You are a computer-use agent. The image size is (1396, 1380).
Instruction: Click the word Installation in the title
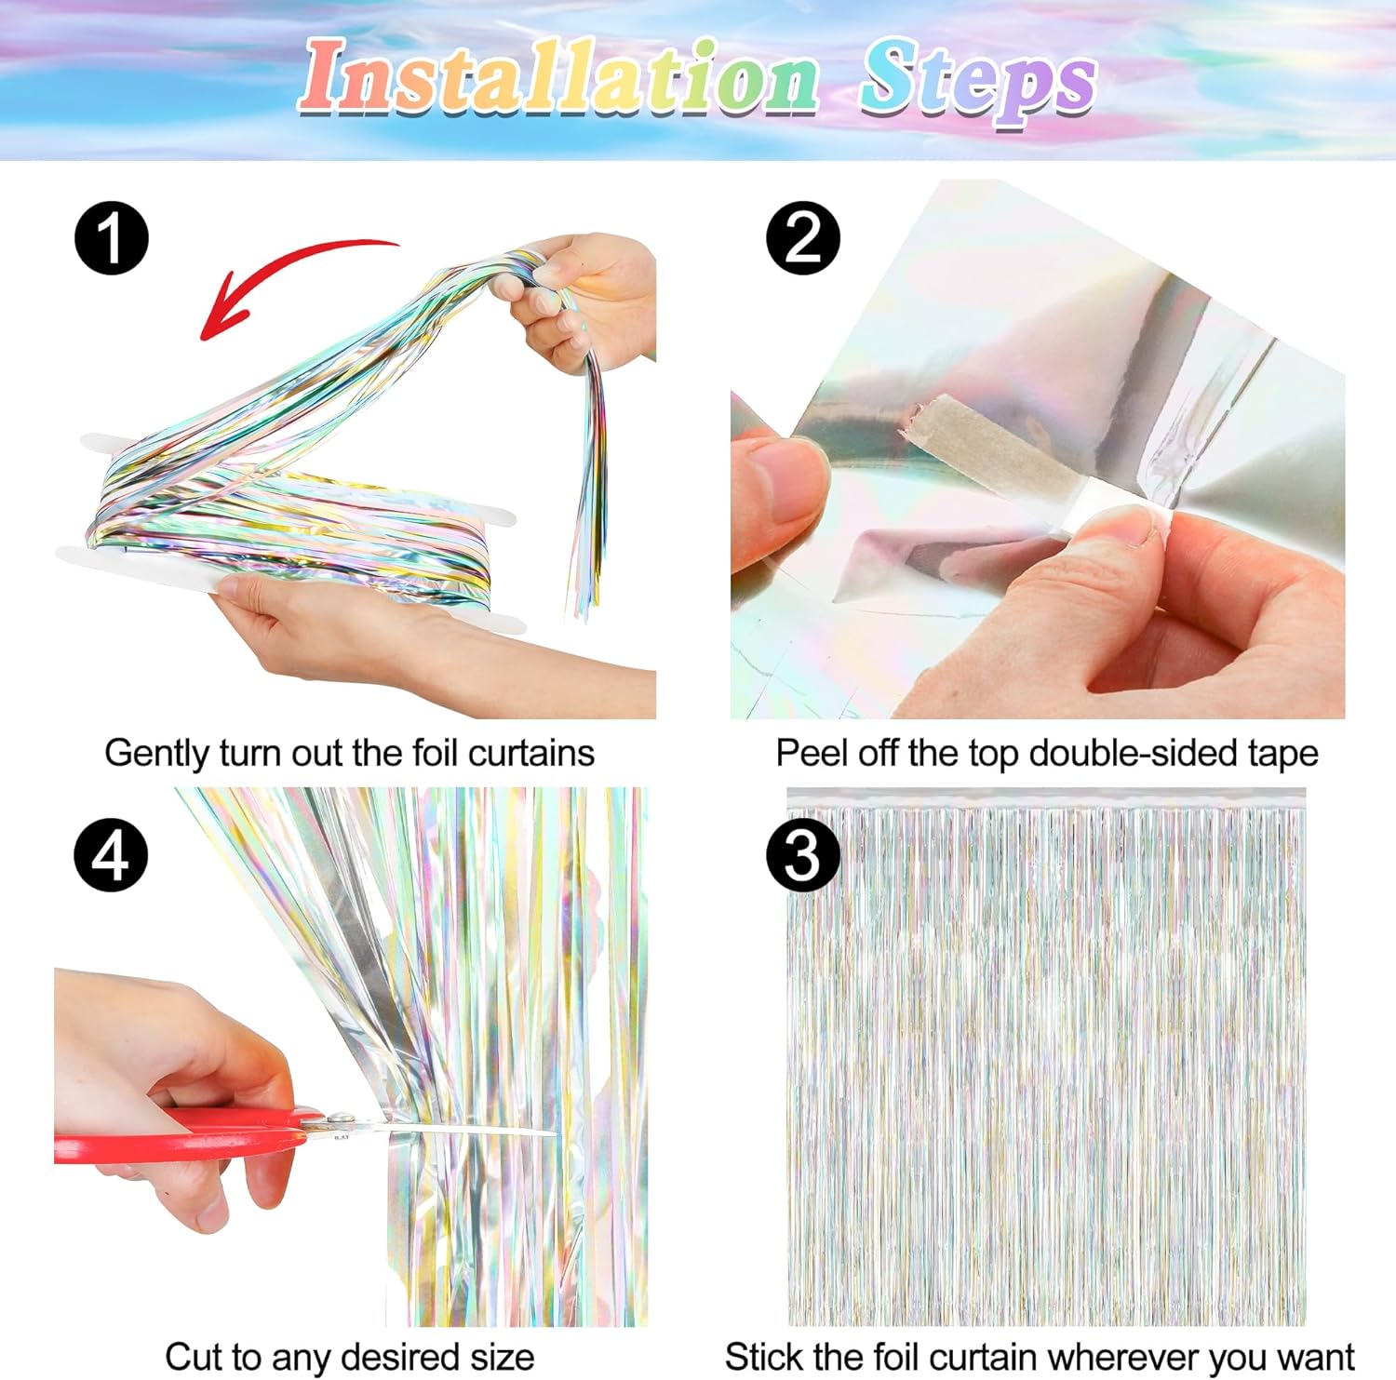558,77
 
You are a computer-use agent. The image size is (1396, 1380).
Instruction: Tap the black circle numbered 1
112,238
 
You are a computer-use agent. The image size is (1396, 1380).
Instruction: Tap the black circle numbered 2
803,238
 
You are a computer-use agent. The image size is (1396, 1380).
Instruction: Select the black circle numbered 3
803,855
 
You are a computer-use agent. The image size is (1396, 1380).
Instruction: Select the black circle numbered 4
112,855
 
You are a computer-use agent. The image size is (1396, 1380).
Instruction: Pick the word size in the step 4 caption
503,1357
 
